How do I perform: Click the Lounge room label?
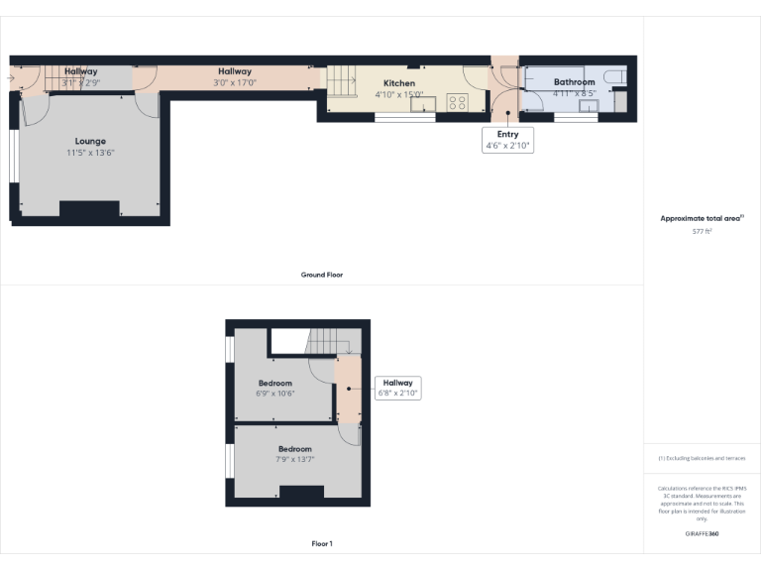[90, 141]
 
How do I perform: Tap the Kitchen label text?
[399, 83]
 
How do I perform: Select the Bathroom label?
[574, 82]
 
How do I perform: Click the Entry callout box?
[508, 140]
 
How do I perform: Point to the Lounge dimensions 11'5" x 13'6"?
[90, 153]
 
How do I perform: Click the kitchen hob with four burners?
[458, 101]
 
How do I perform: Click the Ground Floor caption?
[322, 275]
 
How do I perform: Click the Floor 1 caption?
[322, 543]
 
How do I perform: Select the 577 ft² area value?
[702, 230]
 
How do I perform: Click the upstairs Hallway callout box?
[397, 388]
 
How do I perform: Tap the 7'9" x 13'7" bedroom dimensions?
[294, 459]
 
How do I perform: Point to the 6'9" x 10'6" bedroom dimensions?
[275, 394]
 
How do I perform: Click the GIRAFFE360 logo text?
[702, 533]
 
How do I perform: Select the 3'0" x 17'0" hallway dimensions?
[235, 83]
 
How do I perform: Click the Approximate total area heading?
[702, 218]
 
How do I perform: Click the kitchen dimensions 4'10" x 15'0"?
[399, 94]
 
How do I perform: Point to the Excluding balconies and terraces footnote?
[702, 458]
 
